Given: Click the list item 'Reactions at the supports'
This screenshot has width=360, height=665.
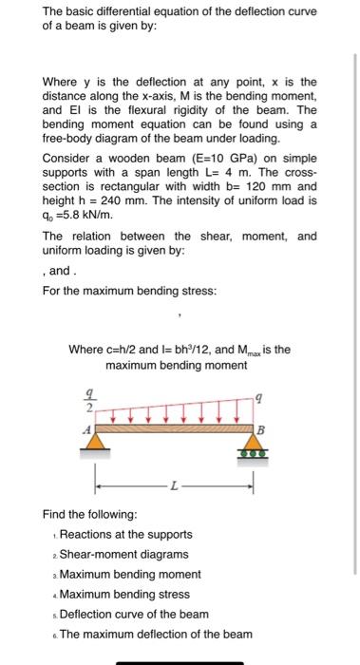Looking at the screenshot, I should [x=125, y=535].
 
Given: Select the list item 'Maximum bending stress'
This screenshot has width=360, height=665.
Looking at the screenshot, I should [x=124, y=595].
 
